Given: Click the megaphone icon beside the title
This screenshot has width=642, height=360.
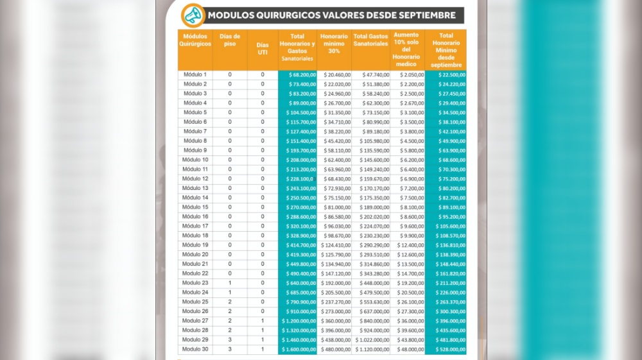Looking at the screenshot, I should click(x=191, y=14).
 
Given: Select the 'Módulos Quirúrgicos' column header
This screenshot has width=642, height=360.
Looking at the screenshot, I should click(x=195, y=40).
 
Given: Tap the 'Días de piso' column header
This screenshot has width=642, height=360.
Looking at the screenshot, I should click(x=230, y=40).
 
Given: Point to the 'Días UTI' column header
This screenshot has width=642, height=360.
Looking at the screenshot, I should click(x=262, y=49).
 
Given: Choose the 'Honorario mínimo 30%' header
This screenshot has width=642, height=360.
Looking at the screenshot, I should click(x=334, y=43).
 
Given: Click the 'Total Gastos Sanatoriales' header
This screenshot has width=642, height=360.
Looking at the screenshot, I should click(x=371, y=40).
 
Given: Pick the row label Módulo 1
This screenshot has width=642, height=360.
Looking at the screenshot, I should click(x=195, y=75).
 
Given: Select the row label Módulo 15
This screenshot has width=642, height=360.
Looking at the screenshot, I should click(x=195, y=207).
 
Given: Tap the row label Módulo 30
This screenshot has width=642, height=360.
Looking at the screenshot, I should click(x=195, y=349).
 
